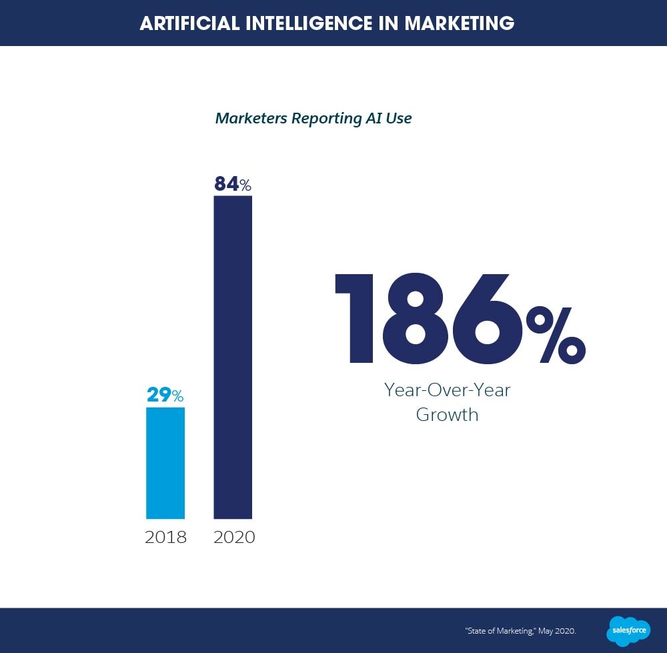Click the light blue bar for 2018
coord(165,463)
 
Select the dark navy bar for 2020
coord(233,357)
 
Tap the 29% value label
coord(165,396)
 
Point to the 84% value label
coord(232,184)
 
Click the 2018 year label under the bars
coord(165,537)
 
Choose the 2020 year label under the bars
coord(234,537)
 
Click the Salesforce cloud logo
coord(628,630)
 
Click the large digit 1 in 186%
coord(357,318)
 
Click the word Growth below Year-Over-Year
coord(447,415)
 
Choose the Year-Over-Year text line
coord(447,390)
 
